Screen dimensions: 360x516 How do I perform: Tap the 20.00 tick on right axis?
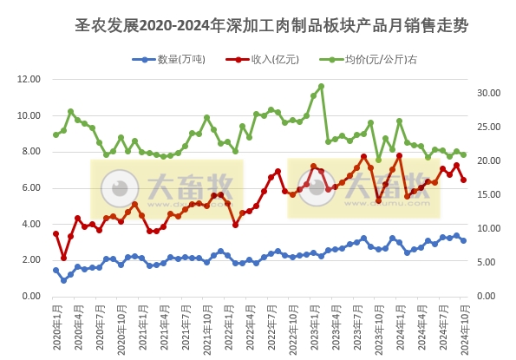[490, 160]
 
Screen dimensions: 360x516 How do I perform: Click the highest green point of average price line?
[321, 86]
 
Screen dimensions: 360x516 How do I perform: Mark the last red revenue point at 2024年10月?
[463, 180]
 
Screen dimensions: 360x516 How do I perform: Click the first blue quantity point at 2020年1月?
[56, 270]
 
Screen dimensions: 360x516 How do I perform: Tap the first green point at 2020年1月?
[56, 134]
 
